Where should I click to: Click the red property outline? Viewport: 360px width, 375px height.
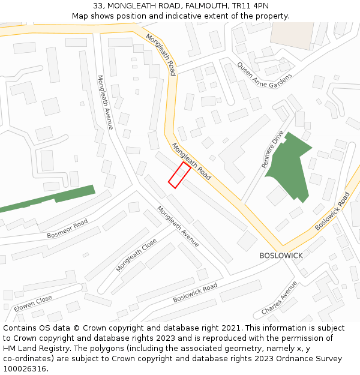(x=179, y=175)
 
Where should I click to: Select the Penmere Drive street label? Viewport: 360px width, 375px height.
(x=272, y=149)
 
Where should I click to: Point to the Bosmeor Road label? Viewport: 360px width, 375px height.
(x=67, y=229)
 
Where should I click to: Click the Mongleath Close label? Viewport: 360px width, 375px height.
(x=136, y=255)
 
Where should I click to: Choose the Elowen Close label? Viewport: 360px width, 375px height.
(x=32, y=302)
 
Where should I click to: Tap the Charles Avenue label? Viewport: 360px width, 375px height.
(x=279, y=298)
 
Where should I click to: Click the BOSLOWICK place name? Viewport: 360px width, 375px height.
(x=281, y=256)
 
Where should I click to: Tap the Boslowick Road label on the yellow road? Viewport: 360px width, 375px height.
(x=332, y=211)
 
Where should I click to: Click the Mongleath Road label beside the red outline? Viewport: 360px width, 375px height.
(x=191, y=161)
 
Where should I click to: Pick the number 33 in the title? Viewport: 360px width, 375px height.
(x=98, y=6)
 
